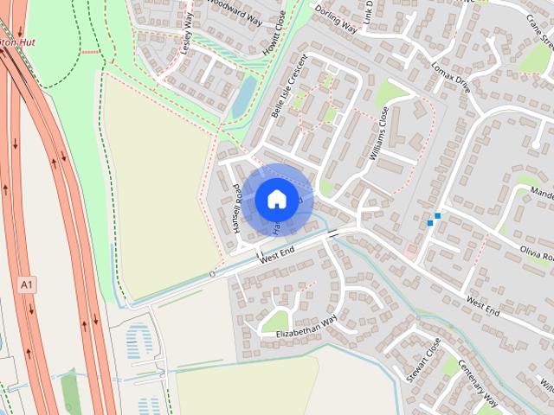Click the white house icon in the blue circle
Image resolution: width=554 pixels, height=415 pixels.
point(276,199)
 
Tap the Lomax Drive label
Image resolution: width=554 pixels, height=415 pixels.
point(450,76)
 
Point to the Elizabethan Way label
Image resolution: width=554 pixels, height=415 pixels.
point(306,328)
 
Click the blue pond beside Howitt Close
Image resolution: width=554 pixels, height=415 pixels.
point(244,94)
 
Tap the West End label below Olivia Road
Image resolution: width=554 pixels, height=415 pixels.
point(483,306)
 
